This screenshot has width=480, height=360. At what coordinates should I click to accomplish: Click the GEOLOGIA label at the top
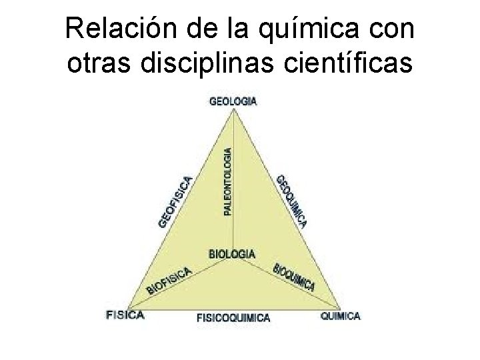click(x=233, y=101)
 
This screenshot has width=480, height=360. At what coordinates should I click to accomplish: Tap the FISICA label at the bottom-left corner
click(x=125, y=315)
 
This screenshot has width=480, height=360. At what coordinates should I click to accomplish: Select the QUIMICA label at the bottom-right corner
click(x=340, y=315)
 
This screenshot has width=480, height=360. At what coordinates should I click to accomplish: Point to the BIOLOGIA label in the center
click(x=231, y=253)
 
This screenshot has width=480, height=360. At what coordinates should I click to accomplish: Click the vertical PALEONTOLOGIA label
click(x=228, y=181)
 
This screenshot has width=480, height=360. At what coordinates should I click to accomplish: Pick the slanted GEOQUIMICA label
click(x=292, y=201)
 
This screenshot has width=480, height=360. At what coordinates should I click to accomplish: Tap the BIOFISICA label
click(x=169, y=281)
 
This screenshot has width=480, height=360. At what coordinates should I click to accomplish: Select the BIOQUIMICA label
click(x=293, y=278)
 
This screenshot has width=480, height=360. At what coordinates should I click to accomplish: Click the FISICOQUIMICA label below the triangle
click(x=233, y=318)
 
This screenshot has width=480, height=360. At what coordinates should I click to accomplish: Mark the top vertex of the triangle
click(x=233, y=111)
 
